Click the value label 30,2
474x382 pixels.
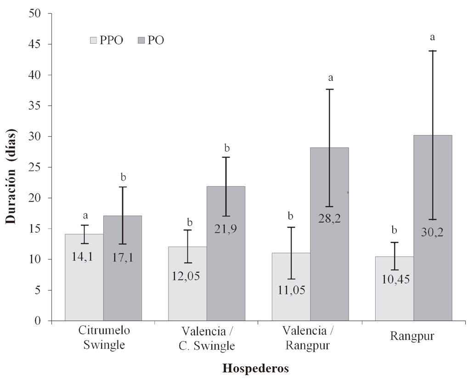click(433, 232)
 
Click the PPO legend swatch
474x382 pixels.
click(93, 40)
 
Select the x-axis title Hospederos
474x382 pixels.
click(256, 368)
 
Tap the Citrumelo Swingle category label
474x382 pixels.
click(104, 338)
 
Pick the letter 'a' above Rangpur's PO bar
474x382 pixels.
click(432, 37)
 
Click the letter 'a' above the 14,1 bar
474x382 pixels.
click(85, 215)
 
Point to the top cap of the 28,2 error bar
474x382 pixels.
click(329, 89)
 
